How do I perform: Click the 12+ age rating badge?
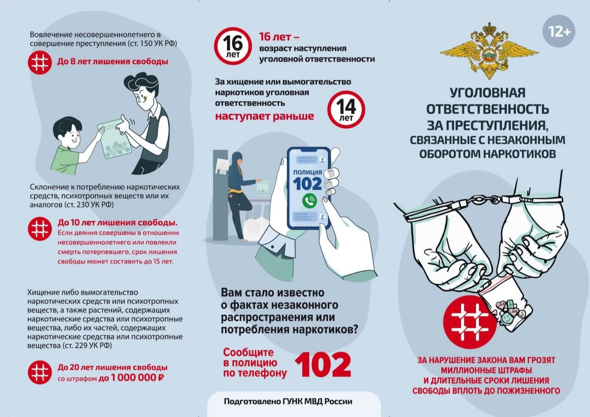point(558,31)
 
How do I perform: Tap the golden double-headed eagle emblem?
point(489,51)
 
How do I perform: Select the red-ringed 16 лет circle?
point(233,46)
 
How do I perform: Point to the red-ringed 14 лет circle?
point(346,110)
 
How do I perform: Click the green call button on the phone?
point(310,201)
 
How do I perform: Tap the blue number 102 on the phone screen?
point(307,184)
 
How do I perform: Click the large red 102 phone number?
point(323,365)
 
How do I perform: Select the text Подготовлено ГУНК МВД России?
point(288,401)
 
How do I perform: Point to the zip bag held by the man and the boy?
point(114,139)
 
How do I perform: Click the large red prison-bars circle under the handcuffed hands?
point(470,322)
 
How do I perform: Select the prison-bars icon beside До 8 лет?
point(40,63)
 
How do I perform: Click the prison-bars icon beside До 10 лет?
point(40,229)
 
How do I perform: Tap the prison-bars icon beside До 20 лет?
point(40,372)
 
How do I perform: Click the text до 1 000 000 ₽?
point(131,378)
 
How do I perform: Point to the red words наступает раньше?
point(264,116)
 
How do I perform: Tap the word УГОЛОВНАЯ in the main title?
point(487,93)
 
